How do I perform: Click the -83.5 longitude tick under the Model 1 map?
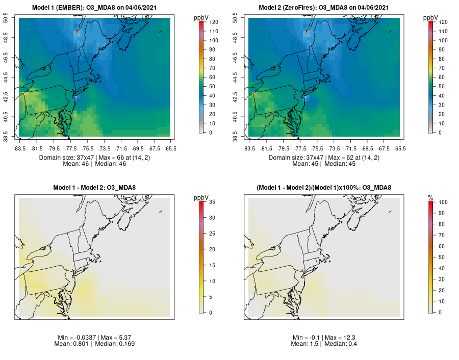click(x=20, y=148)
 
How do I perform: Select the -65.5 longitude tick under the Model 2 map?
click(x=400, y=148)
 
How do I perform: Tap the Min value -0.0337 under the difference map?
click(x=85, y=338)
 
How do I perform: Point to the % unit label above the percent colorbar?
click(x=431, y=196)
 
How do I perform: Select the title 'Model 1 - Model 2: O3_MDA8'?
click(x=95, y=188)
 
